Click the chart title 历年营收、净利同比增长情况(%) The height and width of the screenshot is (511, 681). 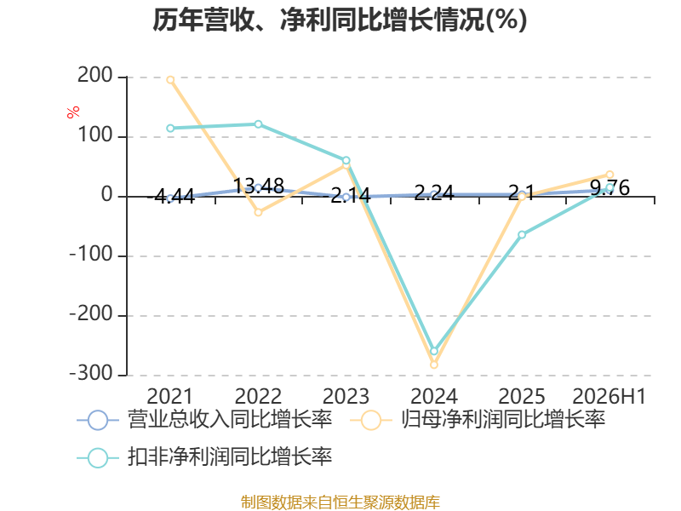click(x=340, y=20)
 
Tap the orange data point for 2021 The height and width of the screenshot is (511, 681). click(x=171, y=80)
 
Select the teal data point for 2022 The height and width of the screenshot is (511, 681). click(x=259, y=124)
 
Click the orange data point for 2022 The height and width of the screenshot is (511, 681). click(x=259, y=212)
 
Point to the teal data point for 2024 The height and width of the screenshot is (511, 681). click(x=434, y=351)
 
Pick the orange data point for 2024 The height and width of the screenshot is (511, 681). click(x=434, y=365)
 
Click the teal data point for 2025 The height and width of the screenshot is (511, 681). click(x=522, y=235)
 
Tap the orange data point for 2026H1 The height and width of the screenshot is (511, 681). click(x=609, y=175)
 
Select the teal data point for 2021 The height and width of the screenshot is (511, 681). click(x=171, y=129)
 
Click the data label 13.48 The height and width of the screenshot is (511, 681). click(x=259, y=186)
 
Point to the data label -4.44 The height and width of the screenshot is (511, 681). click(x=171, y=197)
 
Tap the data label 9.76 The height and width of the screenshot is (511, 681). click(x=610, y=188)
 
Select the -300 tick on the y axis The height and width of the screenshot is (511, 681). click(x=92, y=373)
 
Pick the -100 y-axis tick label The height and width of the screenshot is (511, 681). click(x=92, y=254)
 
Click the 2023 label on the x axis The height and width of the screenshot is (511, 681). click(x=346, y=396)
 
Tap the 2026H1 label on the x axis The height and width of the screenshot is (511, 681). click(x=609, y=396)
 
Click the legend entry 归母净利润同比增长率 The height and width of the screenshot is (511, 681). click(x=478, y=420)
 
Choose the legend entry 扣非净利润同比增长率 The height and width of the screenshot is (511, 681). click(x=204, y=457)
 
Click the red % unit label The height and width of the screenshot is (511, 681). click(x=73, y=112)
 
